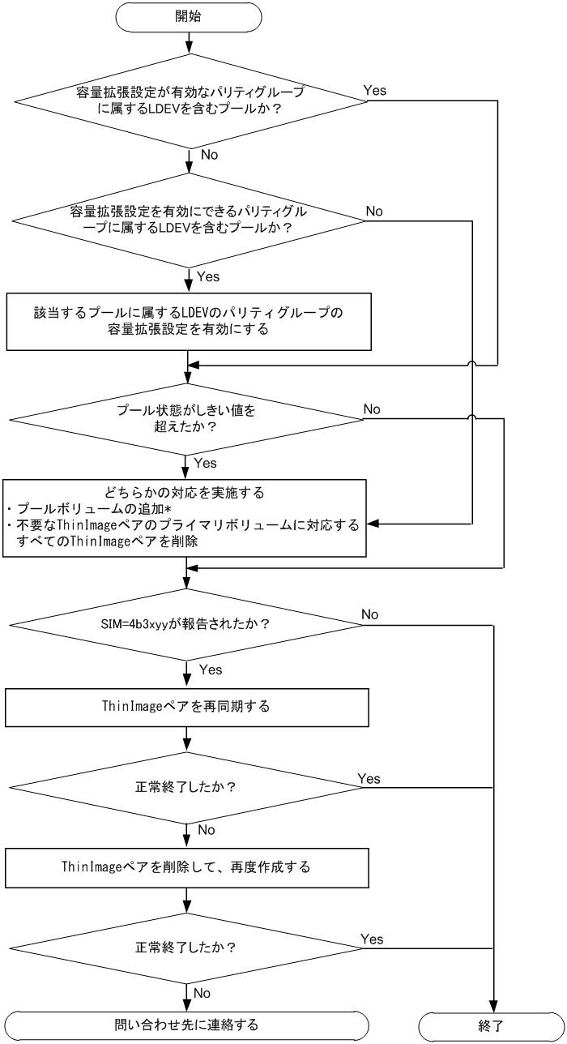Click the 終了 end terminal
(x=491, y=1025)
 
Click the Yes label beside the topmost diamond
(x=375, y=90)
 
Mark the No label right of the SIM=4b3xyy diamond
(x=370, y=615)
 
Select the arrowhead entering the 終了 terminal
(x=491, y=1005)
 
